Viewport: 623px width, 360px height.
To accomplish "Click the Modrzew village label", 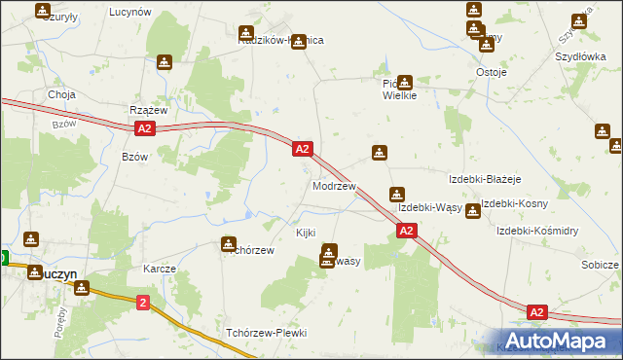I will tap(334, 186).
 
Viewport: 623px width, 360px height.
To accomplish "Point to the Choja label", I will tap(62, 95).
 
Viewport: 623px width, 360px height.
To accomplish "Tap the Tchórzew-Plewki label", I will tap(266, 333).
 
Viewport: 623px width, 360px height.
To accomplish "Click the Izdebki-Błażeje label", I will tap(486, 180).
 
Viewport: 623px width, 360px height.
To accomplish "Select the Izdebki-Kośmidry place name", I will tap(537, 231).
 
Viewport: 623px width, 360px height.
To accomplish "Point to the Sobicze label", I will tap(600, 265).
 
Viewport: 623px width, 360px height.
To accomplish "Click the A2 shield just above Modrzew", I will tap(303, 149).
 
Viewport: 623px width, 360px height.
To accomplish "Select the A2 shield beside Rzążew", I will tap(144, 128).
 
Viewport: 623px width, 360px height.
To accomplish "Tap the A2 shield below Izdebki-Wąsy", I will tap(407, 231).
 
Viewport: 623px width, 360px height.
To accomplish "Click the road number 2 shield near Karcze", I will tap(143, 304).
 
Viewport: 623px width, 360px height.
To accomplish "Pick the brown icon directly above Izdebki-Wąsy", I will tap(396, 194).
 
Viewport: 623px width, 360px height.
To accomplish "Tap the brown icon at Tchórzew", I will tap(229, 244).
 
